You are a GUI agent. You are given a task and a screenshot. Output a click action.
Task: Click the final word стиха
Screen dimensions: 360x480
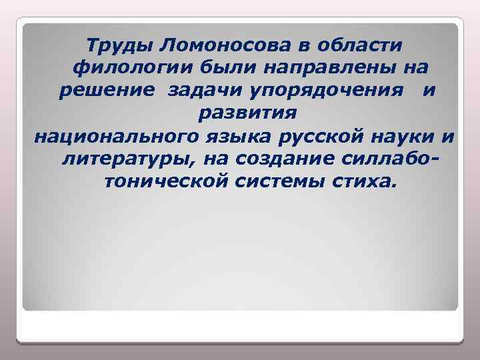[x=367, y=183]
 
